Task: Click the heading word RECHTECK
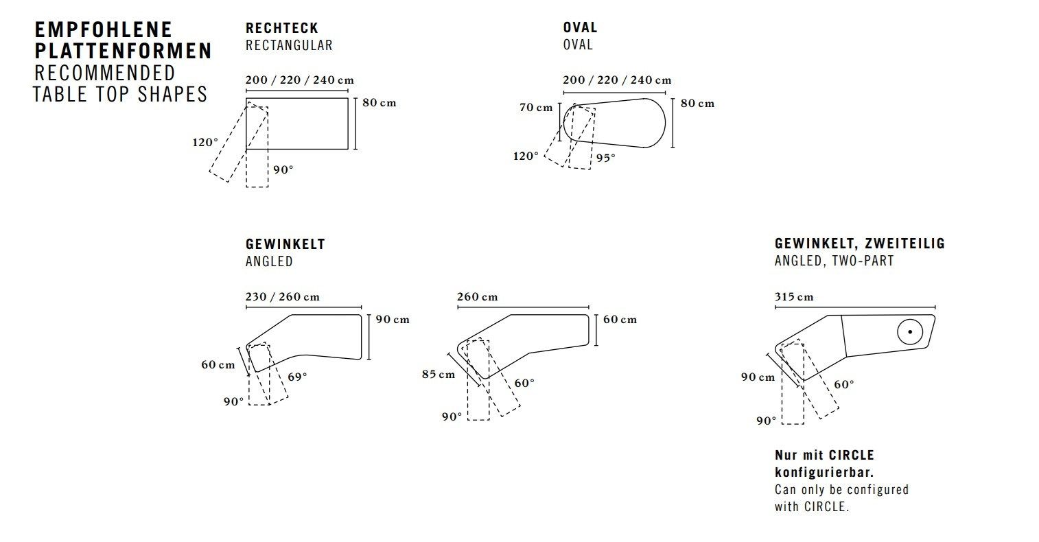(282, 28)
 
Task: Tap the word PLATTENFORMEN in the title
(124, 51)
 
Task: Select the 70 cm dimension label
(536, 108)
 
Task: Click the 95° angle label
(606, 158)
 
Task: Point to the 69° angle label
(297, 377)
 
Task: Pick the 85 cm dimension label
(439, 374)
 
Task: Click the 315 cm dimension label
(794, 297)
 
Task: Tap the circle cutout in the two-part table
(910, 332)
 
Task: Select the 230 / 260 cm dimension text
(283, 297)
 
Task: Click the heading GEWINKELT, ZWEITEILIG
(859, 244)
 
